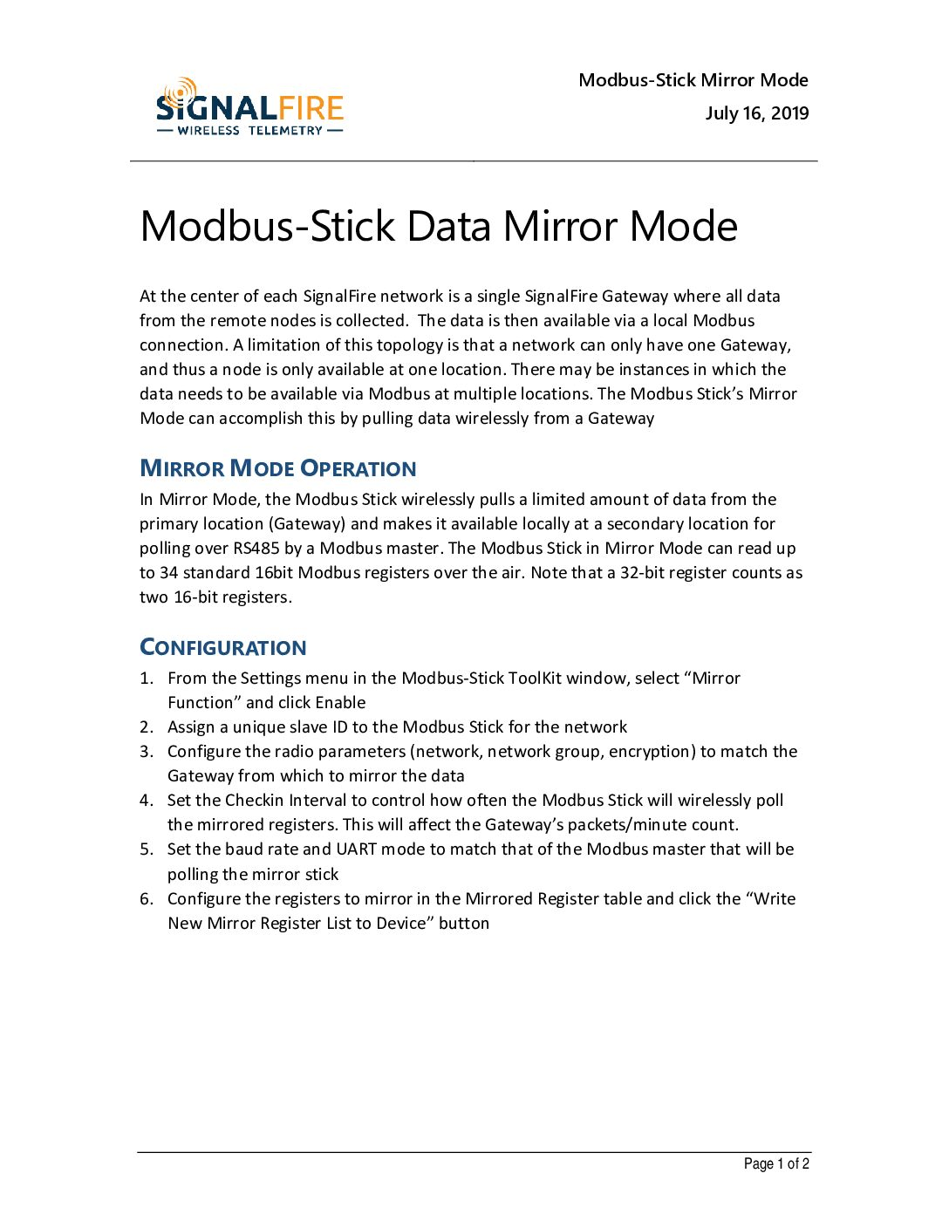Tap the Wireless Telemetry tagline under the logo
coord(249,131)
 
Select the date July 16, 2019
coord(756,113)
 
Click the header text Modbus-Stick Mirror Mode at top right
coord(693,80)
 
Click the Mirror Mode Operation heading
coord(277,468)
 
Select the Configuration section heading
coord(223,647)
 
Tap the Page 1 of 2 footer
coord(775,1163)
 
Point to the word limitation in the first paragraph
coord(281,345)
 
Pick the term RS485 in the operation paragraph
coord(256,549)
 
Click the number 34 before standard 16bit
coord(169,573)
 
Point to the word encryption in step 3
coord(649,752)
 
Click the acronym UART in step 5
coord(356,849)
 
